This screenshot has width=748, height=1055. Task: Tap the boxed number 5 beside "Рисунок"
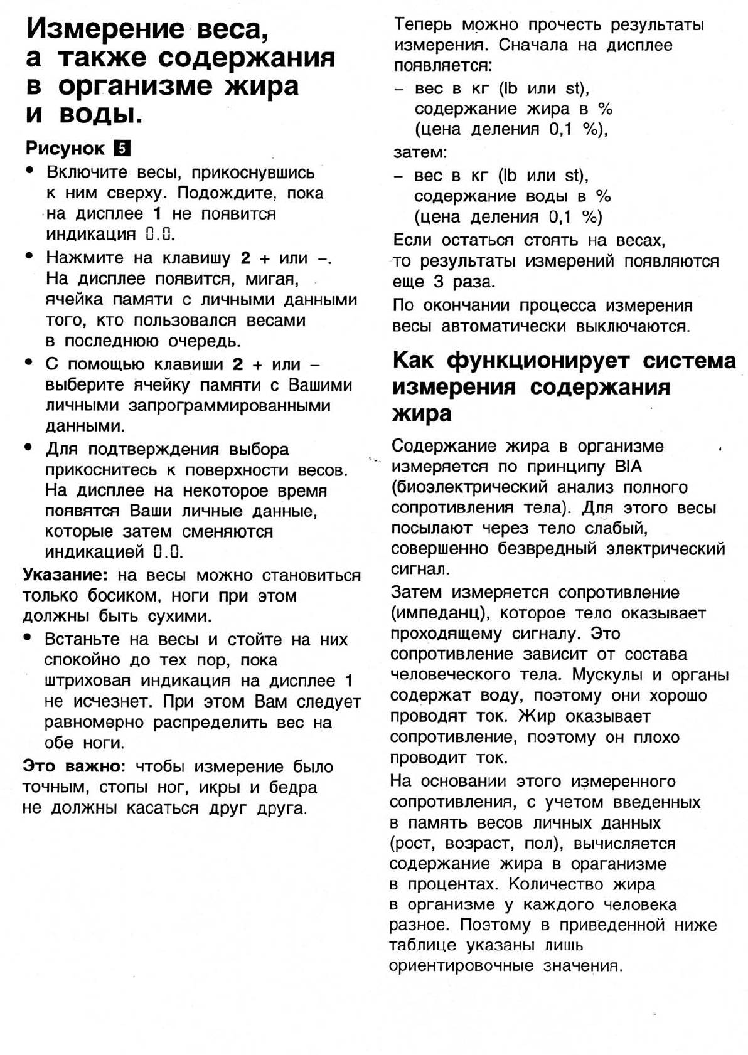click(121, 149)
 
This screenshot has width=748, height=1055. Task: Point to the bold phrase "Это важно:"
click(75, 766)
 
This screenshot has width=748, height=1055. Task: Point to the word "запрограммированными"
click(229, 406)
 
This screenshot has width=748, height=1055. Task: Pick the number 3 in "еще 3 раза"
click(438, 282)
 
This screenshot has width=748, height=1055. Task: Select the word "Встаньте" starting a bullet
click(82, 640)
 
